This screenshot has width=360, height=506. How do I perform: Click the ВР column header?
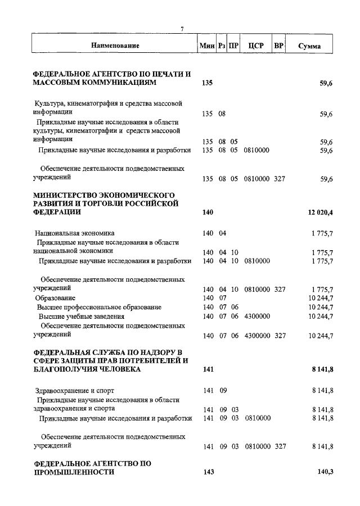pyautogui.click(x=278, y=46)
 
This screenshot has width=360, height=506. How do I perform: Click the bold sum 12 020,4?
pyautogui.click(x=321, y=212)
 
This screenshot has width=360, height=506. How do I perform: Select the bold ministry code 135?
pyautogui.click(x=207, y=83)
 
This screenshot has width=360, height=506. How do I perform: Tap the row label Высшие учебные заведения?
pyautogui.click(x=81, y=317)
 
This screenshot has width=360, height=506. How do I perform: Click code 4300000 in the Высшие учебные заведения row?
pyautogui.click(x=257, y=317)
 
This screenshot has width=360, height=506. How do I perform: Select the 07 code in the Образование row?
pyautogui.click(x=222, y=297)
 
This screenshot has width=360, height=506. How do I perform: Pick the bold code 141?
pyautogui.click(x=207, y=369)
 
